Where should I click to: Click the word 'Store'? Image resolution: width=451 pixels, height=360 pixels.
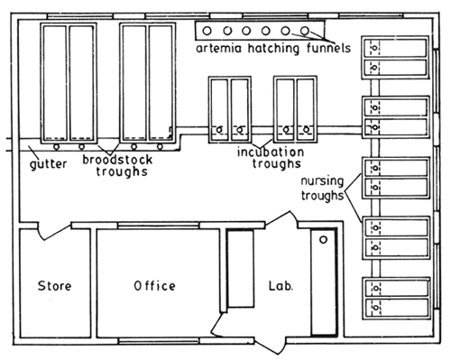(54, 286)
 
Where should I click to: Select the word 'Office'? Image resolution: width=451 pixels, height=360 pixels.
(154, 286)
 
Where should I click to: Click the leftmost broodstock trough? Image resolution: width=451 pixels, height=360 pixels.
(56, 81)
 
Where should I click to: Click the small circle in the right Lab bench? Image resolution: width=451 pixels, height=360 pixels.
(322, 242)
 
